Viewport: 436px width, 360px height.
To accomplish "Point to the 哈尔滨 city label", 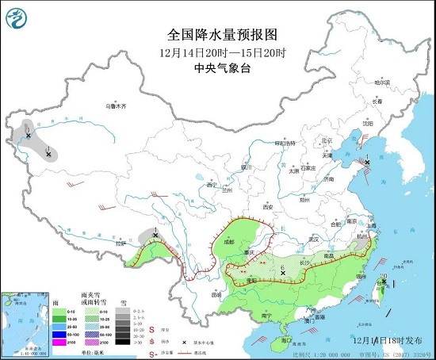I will click(382, 82).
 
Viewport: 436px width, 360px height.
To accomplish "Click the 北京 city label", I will click(325, 140).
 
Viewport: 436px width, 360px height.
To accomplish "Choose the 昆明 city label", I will click(217, 294).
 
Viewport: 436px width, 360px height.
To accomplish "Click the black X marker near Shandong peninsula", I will click(366, 163).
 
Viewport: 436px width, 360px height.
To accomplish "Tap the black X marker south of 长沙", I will click(283, 274).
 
